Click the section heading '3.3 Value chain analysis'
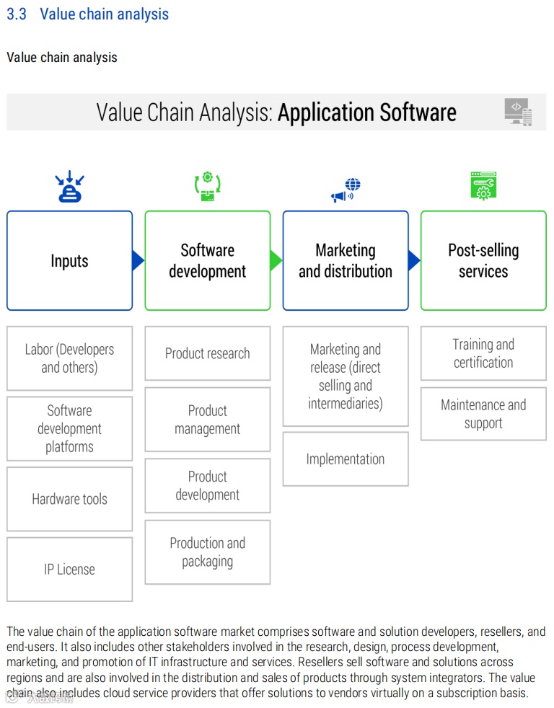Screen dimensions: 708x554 click(x=87, y=14)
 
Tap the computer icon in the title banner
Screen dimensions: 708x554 click(x=518, y=112)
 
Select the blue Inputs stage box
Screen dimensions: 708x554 click(x=70, y=261)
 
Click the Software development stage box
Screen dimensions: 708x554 click(x=208, y=261)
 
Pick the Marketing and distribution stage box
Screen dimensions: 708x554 click(x=346, y=261)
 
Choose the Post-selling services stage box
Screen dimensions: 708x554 click(x=483, y=261)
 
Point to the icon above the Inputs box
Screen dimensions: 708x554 click(x=70, y=187)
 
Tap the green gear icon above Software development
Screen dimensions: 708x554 click(x=208, y=187)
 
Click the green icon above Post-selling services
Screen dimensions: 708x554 click(x=483, y=185)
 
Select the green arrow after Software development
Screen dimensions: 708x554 click(x=276, y=260)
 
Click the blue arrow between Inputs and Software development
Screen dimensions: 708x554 click(x=138, y=260)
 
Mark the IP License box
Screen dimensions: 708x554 click(x=70, y=570)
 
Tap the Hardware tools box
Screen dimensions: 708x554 click(x=70, y=499)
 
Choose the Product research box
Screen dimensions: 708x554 click(x=208, y=353)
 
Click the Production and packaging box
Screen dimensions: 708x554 click(x=208, y=552)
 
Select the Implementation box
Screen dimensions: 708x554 click(x=346, y=459)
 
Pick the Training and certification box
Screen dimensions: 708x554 click(x=483, y=353)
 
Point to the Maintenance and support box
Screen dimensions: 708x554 click(x=483, y=414)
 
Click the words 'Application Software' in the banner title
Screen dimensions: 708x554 click(x=367, y=112)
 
